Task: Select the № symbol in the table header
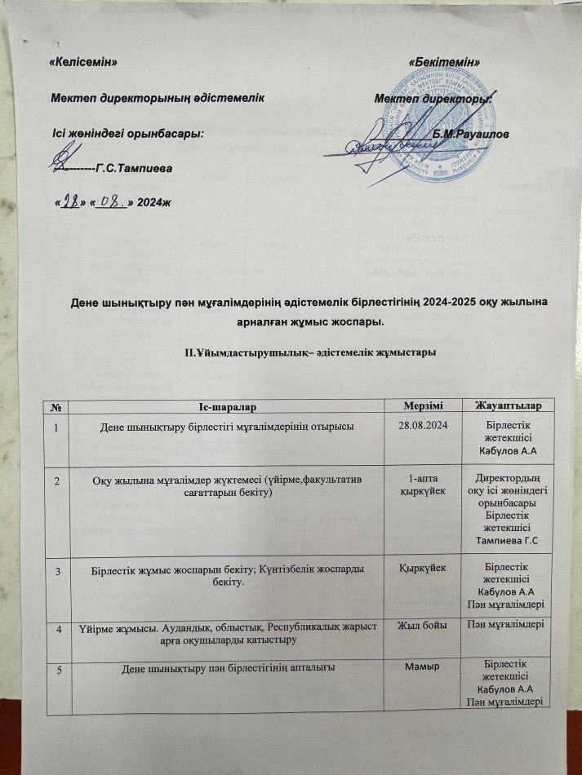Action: (x=59, y=405)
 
